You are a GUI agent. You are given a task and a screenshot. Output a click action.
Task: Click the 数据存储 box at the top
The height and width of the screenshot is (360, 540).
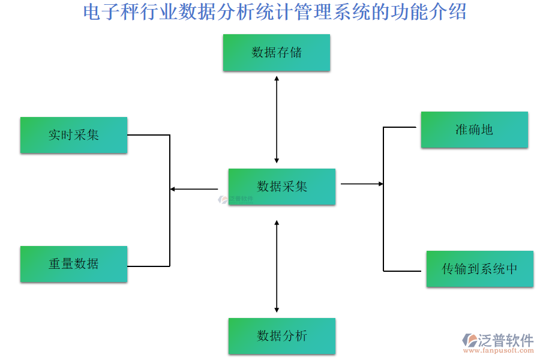(276, 52)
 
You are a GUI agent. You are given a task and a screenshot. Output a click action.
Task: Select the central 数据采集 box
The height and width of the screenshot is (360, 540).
(281, 187)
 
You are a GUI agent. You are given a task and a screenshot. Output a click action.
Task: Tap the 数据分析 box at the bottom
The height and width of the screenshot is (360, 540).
(281, 335)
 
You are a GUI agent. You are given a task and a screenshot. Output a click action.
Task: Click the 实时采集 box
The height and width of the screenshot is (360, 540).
(73, 135)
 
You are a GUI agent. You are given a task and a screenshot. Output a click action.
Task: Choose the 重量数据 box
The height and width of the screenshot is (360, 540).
(73, 263)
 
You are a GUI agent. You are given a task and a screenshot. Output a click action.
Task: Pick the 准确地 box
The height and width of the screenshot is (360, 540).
(474, 129)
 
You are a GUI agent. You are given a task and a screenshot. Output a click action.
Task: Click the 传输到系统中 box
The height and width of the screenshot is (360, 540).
(479, 269)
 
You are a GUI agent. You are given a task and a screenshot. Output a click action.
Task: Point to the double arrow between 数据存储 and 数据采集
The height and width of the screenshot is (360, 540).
(277, 119)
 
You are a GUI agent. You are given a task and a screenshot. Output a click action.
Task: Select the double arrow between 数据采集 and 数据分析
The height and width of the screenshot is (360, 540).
(277, 266)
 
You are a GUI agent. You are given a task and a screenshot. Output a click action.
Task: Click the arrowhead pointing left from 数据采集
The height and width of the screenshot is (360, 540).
(172, 189)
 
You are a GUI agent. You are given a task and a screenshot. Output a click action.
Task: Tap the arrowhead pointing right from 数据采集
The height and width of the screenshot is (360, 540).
(380, 184)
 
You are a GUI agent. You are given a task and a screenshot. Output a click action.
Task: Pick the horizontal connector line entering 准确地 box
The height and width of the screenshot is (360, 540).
(400, 127)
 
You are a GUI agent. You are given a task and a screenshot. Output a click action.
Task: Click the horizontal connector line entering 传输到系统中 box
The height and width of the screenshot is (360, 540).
(402, 271)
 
